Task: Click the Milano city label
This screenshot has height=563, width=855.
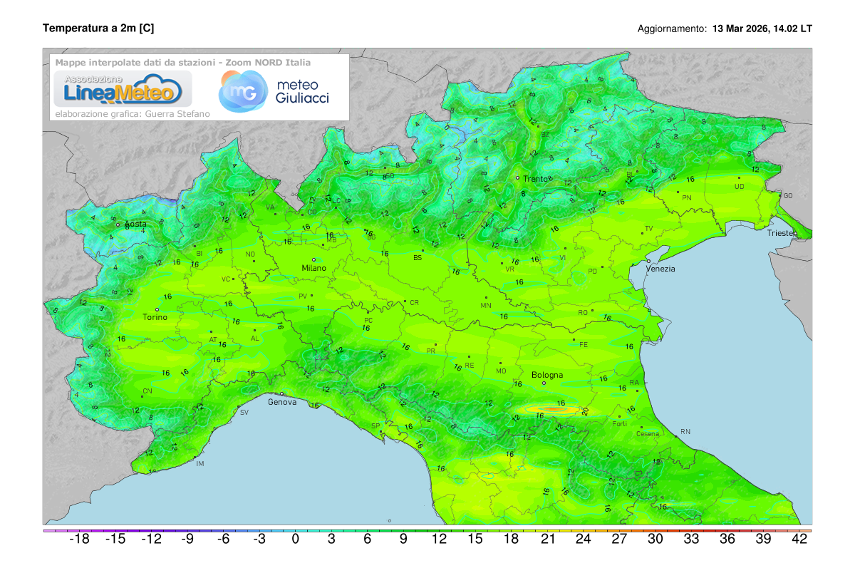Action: tap(313, 268)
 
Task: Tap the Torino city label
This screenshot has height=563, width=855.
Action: tap(155, 318)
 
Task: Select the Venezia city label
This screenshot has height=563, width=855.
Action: tap(660, 269)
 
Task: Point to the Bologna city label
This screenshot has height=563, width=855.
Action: tap(547, 375)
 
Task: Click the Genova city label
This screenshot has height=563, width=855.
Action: tap(282, 402)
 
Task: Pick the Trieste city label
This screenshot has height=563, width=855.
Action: tap(782, 233)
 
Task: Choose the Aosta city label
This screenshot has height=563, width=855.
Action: tap(135, 224)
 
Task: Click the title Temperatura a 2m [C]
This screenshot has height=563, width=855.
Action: tap(98, 28)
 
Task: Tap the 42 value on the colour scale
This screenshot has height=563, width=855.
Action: tap(799, 539)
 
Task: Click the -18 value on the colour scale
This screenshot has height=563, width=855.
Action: tap(79, 539)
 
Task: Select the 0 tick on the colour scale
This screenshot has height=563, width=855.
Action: tap(295, 539)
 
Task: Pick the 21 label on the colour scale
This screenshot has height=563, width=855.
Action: tap(547, 539)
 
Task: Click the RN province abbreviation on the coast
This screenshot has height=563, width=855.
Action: tap(685, 432)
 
